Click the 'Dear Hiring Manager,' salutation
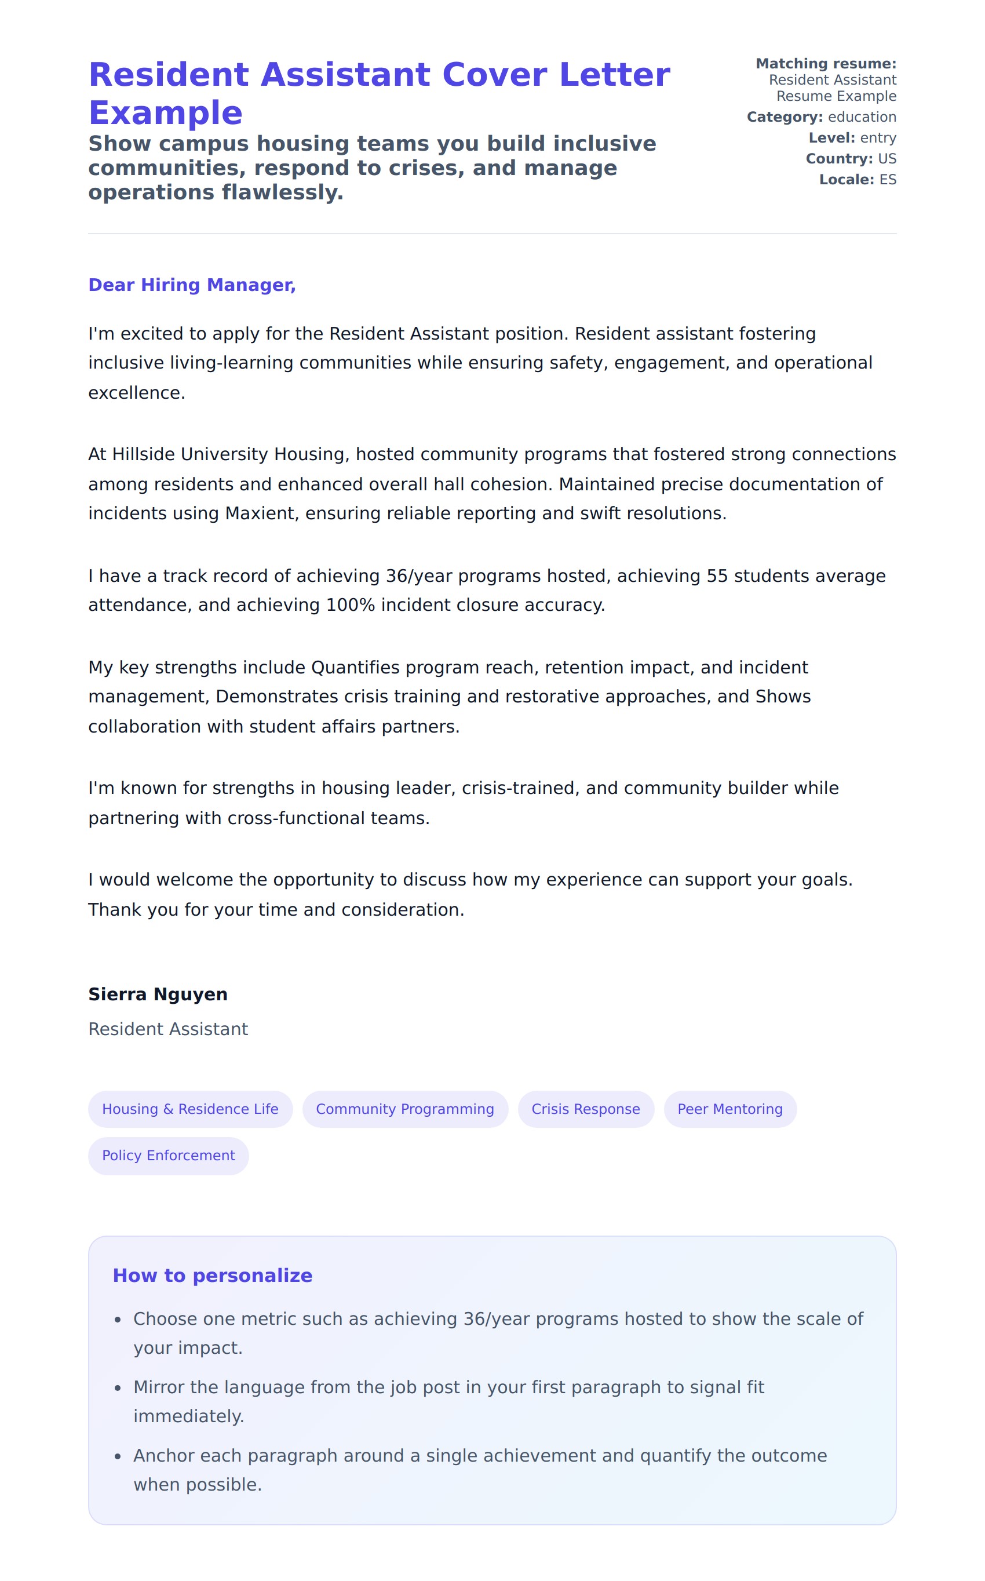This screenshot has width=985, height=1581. [x=192, y=285]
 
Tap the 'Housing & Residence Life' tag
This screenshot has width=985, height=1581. [x=190, y=1109]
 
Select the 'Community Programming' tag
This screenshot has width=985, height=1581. [x=404, y=1109]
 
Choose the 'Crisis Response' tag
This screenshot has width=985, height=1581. [x=586, y=1109]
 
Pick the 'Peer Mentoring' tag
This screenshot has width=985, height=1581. [x=729, y=1109]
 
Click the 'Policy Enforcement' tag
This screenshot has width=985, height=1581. [x=168, y=1155]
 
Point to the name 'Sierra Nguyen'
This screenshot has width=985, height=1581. [x=158, y=994]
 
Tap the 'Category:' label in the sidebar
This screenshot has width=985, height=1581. [x=785, y=117]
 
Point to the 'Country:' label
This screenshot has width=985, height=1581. [x=838, y=159]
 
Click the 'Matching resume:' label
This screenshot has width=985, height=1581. [x=826, y=64]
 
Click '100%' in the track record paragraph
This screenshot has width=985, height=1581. [x=350, y=604]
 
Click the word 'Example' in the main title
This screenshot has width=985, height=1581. [x=166, y=114]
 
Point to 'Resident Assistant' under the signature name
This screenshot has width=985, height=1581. [x=168, y=1029]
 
